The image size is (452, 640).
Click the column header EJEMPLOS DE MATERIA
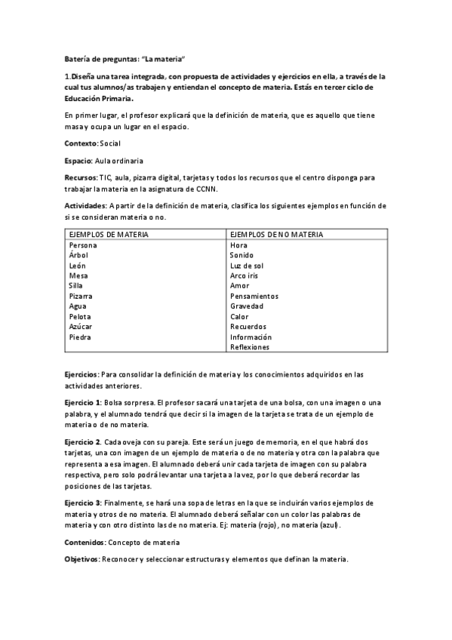(108, 235)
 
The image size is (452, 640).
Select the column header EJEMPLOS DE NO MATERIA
(276, 235)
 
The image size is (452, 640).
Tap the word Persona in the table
(83, 245)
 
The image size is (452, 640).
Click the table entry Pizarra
(81, 297)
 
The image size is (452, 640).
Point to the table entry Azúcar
(81, 327)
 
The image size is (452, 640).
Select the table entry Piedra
(80, 337)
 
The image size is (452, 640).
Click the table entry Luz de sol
(247, 266)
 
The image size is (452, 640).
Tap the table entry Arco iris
(245, 276)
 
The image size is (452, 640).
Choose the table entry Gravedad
(247, 306)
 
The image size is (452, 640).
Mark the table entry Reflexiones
(250, 347)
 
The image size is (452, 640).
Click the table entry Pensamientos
(254, 297)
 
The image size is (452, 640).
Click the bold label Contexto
(81, 143)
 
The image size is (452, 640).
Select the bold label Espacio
(78, 161)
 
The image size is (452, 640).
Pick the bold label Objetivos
(82, 559)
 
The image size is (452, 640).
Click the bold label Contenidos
(85, 542)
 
